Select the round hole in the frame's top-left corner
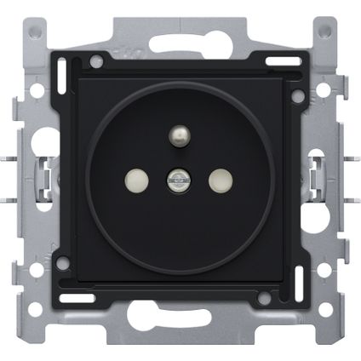34,32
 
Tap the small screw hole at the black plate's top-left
97,61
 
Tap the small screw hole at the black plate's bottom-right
264,298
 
